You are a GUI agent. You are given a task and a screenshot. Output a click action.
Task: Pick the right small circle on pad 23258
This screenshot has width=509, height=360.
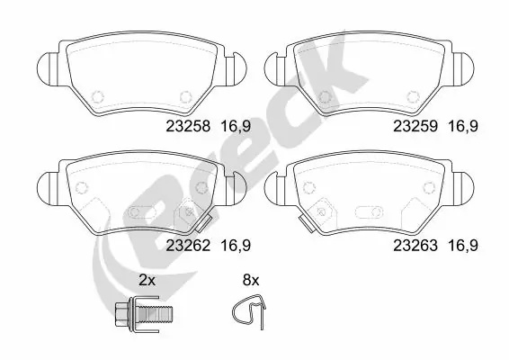pyautogui.click(x=186, y=96)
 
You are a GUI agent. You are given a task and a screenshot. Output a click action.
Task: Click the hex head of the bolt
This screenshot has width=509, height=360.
pyautogui.click(x=122, y=316)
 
